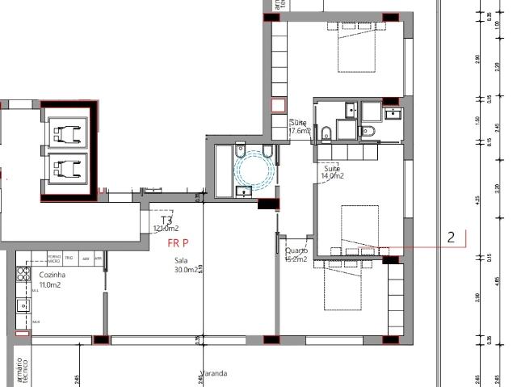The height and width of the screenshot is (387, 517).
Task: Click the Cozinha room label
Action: point(53,275)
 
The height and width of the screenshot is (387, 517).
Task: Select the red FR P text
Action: point(178,242)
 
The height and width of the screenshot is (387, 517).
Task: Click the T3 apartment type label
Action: point(167,220)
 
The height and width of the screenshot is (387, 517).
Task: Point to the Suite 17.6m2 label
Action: point(298,125)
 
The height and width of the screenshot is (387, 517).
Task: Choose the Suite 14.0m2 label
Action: point(333,171)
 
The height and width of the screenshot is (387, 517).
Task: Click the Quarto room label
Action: point(296,255)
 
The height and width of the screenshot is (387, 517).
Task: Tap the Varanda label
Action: point(214,373)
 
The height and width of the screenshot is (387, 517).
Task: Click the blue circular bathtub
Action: point(254,170)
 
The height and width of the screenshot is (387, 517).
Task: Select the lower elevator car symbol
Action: point(66,169)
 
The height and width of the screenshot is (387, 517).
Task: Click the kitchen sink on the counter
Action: point(23,305)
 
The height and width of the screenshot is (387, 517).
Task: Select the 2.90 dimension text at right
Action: point(478,61)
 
